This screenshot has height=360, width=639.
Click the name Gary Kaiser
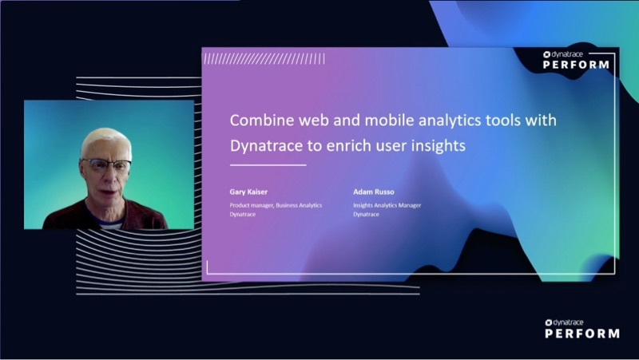(x=248, y=192)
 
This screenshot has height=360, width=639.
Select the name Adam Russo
(x=372, y=192)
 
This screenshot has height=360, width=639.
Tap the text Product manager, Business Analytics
(x=276, y=205)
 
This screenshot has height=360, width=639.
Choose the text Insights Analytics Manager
(x=387, y=205)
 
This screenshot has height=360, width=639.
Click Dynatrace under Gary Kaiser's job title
(x=243, y=215)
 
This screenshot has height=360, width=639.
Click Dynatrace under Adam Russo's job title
(x=367, y=215)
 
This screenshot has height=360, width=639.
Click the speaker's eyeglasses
(x=105, y=165)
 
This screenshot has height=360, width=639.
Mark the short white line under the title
(x=268, y=165)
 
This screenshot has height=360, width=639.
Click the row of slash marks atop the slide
(x=264, y=58)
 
